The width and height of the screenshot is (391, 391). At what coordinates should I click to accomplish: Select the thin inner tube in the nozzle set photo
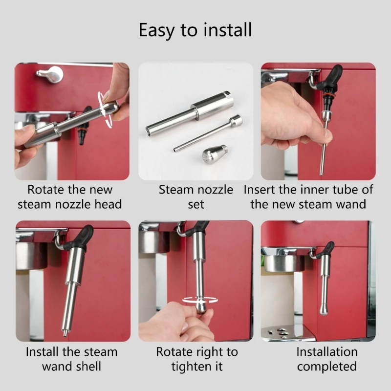tap(205, 134)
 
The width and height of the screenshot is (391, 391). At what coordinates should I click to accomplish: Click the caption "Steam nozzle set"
tap(195, 196)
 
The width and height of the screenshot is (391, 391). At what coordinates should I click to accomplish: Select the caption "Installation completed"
tap(326, 359)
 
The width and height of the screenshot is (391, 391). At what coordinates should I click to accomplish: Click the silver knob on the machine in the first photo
tap(50, 74)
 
